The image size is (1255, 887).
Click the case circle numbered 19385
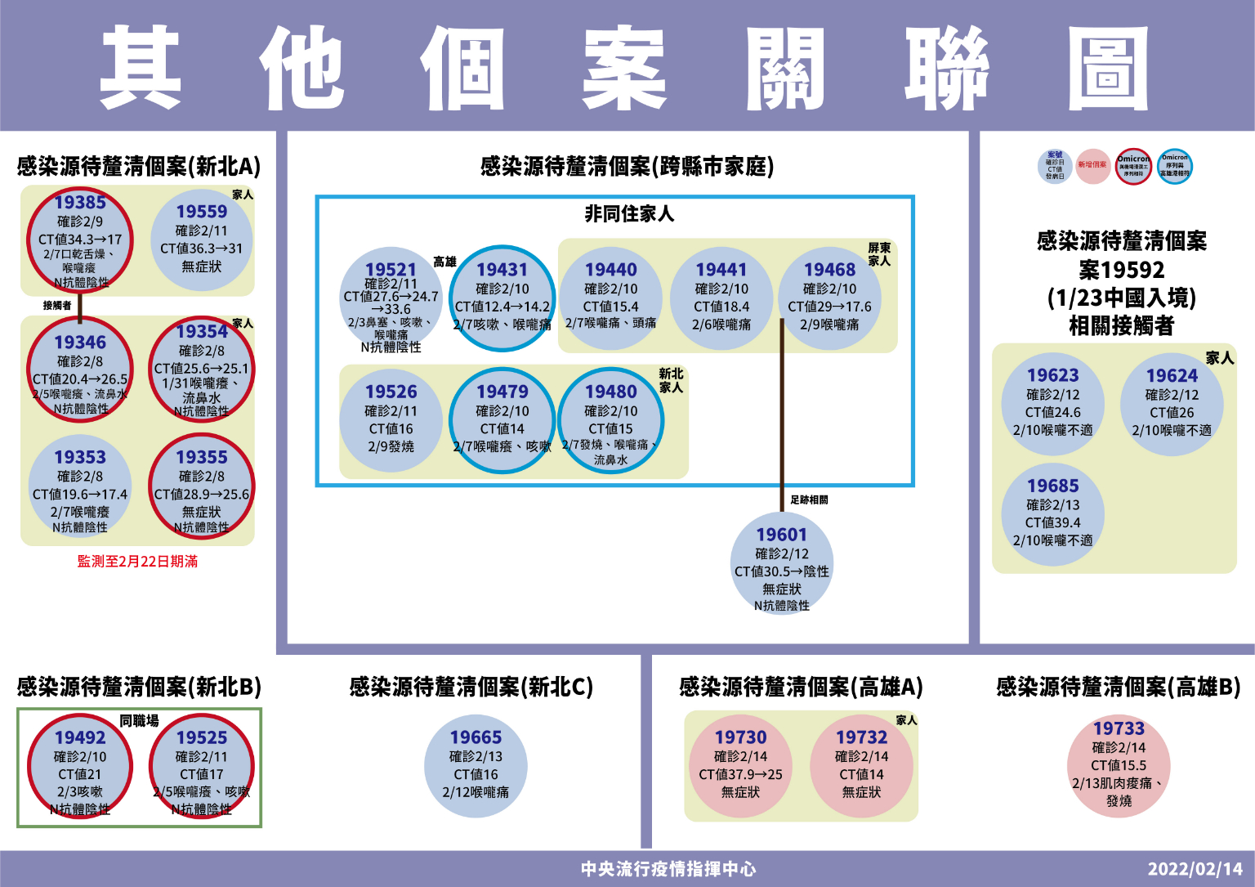[80, 240]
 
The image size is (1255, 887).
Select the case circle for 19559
[202, 240]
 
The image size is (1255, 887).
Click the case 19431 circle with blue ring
[502, 298]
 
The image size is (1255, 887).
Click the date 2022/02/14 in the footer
[1195, 869]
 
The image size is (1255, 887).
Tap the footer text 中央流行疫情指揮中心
[668, 869]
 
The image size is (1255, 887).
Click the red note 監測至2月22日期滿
[137, 562]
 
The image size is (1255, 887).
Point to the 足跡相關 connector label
[809, 499]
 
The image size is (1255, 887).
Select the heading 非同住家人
[629, 214]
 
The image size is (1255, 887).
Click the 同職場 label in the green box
[139, 720]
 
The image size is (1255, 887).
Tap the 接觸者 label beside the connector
[57, 305]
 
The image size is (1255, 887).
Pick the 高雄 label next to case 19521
[444, 262]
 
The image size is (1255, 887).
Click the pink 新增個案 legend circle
[1092, 166]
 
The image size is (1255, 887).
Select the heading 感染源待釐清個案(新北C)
[471, 687]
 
